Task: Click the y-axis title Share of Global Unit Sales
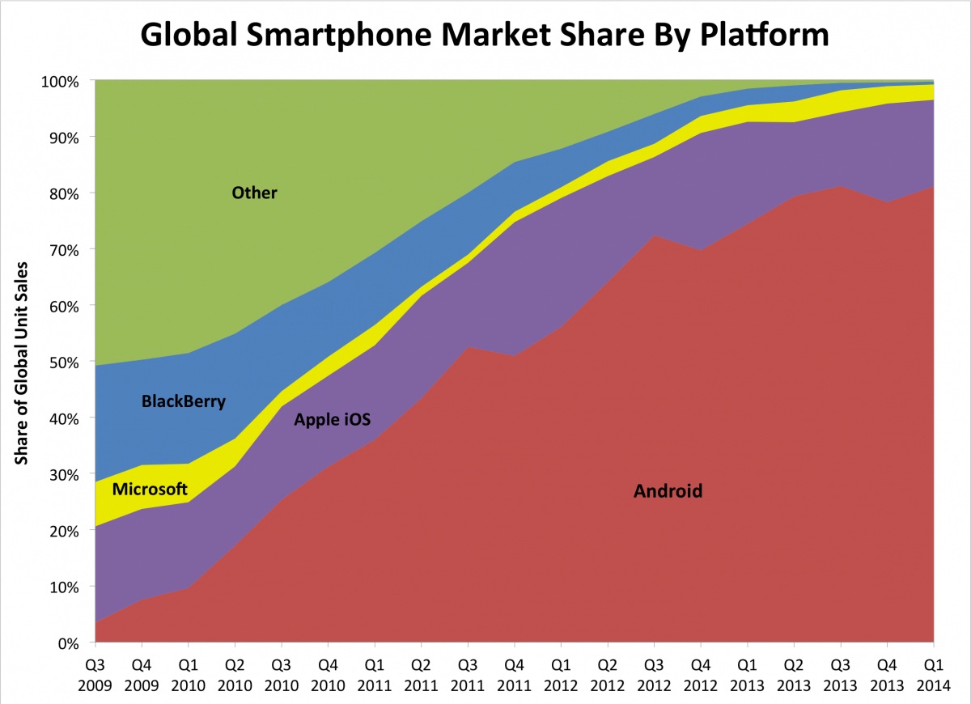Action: (x=22, y=363)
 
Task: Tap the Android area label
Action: (x=668, y=490)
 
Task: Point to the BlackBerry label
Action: (x=183, y=401)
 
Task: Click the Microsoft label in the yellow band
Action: (x=150, y=489)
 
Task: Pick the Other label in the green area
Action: (x=254, y=193)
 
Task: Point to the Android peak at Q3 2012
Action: (x=654, y=236)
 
